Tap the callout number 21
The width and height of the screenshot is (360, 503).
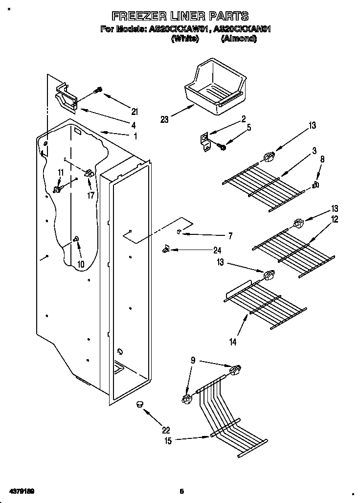(x=135, y=111)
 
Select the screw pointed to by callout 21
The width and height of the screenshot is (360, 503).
(x=98, y=91)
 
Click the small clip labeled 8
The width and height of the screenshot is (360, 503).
(x=315, y=184)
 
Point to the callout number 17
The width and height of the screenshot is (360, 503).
(x=90, y=196)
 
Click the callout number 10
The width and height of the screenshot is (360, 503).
(x=81, y=264)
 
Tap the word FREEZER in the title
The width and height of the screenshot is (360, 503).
(x=133, y=16)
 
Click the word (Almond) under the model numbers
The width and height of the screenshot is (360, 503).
(x=238, y=39)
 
